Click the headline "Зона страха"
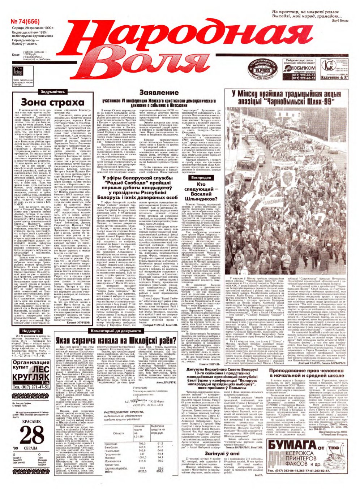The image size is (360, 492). pos(50,102)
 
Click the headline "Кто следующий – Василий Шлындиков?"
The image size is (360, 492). pos(201,191)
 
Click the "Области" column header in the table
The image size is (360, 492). pos(118,433)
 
